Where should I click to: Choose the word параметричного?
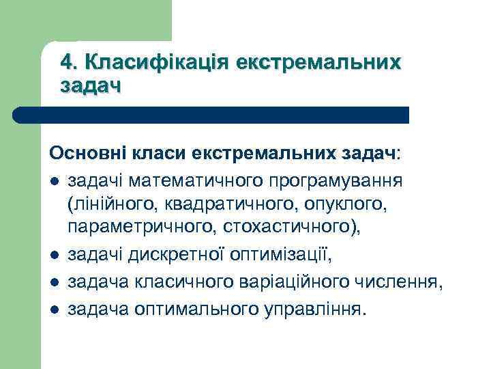pos(136,228)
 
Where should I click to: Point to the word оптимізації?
pos(282,257)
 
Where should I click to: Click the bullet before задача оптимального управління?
pos(53,310)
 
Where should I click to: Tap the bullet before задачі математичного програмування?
pos(53,182)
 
